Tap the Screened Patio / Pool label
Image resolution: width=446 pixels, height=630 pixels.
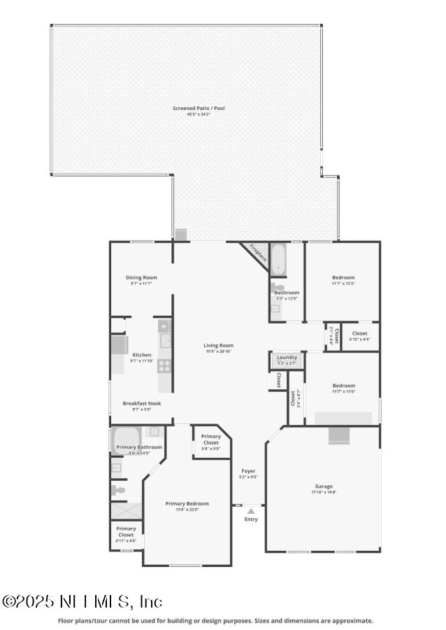199,108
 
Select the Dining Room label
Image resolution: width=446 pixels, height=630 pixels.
141,277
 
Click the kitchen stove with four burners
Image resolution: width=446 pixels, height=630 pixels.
164,365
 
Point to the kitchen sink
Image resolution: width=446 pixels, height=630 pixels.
166,341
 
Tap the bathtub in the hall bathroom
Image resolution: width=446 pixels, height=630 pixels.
278,259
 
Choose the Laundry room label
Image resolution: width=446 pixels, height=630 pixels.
287,358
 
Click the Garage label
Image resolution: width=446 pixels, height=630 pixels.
324,486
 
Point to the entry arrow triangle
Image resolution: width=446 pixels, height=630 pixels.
251,511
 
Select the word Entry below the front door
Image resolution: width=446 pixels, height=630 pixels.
251,519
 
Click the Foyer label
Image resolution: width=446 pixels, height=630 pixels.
248,471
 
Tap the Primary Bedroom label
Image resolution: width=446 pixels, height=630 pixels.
187,503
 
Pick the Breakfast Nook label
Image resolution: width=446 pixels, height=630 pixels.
142,403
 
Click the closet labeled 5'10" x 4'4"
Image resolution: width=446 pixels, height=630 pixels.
360,335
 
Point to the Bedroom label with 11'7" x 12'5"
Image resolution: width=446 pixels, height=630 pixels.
343,277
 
